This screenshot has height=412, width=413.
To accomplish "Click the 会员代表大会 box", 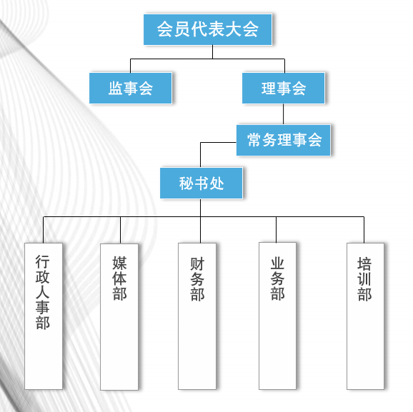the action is (x=207, y=29).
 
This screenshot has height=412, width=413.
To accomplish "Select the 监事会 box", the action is (x=131, y=89).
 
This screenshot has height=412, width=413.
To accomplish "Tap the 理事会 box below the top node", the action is (x=284, y=89).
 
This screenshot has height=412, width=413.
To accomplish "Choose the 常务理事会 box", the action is (x=284, y=140).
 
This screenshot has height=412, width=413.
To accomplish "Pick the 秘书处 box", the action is (x=201, y=184).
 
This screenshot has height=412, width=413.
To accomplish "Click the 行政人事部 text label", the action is (x=43, y=292).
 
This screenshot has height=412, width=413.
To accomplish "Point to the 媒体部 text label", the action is (x=119, y=278).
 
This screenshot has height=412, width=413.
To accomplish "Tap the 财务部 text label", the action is (x=197, y=279).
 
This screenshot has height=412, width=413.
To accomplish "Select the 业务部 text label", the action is (x=278, y=278).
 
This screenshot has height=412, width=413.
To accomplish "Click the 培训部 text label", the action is (x=364, y=279).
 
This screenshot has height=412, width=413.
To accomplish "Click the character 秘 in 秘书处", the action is (x=186, y=184).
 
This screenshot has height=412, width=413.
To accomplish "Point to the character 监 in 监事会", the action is (x=115, y=89).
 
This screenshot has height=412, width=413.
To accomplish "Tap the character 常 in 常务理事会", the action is (x=254, y=140).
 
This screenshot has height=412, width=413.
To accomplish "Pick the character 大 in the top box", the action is (x=234, y=29).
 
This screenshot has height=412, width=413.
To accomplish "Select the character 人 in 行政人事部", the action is (x=43, y=292).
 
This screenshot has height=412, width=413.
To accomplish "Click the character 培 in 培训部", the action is (x=364, y=264).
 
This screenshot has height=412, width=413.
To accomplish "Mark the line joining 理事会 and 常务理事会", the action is (x=284, y=114).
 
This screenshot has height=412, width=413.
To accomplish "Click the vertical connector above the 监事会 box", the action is (x=130, y=66).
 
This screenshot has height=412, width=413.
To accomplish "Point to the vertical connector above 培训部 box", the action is (x=364, y=230).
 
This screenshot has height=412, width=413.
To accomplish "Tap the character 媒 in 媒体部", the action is (x=119, y=263).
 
